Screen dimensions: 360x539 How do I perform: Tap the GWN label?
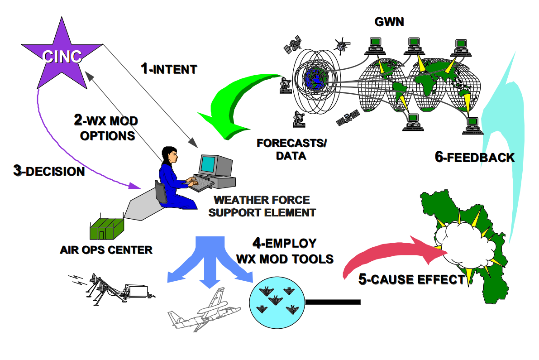point(389,21)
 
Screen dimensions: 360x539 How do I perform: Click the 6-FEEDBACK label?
point(475,157)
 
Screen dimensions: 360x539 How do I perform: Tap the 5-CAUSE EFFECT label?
point(411,279)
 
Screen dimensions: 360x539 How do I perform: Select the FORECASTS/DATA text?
point(291,149)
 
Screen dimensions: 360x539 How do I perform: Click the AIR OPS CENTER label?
point(106,250)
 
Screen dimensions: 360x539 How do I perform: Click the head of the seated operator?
point(170,155)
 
